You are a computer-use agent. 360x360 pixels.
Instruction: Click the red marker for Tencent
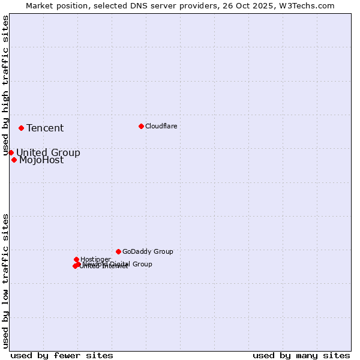(x=21, y=128)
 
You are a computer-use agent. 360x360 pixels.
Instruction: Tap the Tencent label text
(x=45, y=128)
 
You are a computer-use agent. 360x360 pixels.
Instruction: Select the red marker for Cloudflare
(x=141, y=126)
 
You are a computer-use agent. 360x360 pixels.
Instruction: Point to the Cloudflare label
(x=161, y=126)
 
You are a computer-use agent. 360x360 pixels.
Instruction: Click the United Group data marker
(x=11, y=152)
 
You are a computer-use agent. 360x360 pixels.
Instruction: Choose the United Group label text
(x=48, y=152)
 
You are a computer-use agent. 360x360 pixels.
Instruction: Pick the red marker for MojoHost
(x=14, y=160)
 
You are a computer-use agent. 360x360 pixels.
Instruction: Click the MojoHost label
(x=41, y=160)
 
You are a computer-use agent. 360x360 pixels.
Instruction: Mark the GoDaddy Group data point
(x=118, y=251)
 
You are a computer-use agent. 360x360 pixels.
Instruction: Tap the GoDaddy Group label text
(x=148, y=251)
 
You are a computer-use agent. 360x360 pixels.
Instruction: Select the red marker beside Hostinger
(x=76, y=259)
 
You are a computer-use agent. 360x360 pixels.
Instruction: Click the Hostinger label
(x=95, y=259)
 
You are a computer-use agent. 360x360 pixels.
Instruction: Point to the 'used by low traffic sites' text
(x=5, y=280)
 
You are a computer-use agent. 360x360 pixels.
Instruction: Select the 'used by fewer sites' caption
(x=62, y=355)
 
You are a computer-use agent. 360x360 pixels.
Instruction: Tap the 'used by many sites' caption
(x=301, y=355)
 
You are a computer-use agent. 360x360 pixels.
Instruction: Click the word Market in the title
(x=40, y=5)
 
